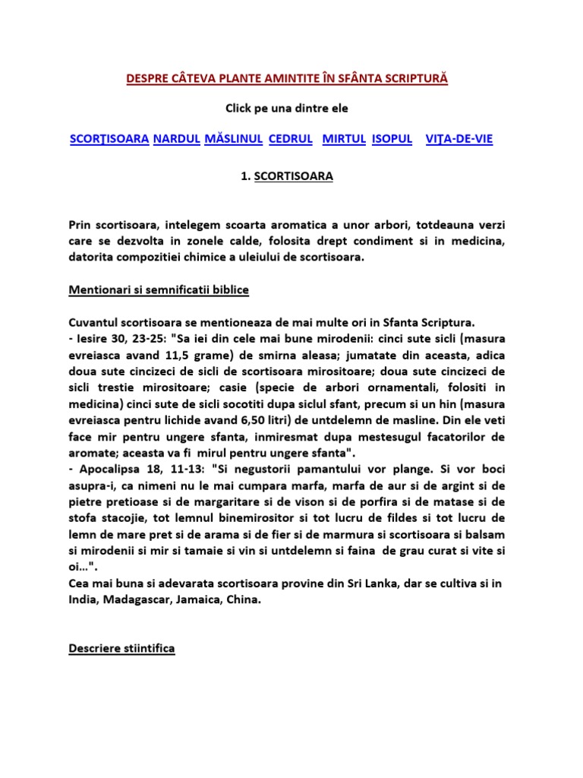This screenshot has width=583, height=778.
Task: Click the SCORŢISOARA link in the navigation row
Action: [109, 139]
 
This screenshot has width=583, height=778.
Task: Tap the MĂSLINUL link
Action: [234, 139]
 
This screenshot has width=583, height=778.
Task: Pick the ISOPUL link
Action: [392, 139]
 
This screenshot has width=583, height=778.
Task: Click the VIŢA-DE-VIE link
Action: [459, 139]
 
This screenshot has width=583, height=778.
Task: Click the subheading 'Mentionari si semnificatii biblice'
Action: [158, 290]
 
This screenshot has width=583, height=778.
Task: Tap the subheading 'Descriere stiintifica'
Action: [121, 649]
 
